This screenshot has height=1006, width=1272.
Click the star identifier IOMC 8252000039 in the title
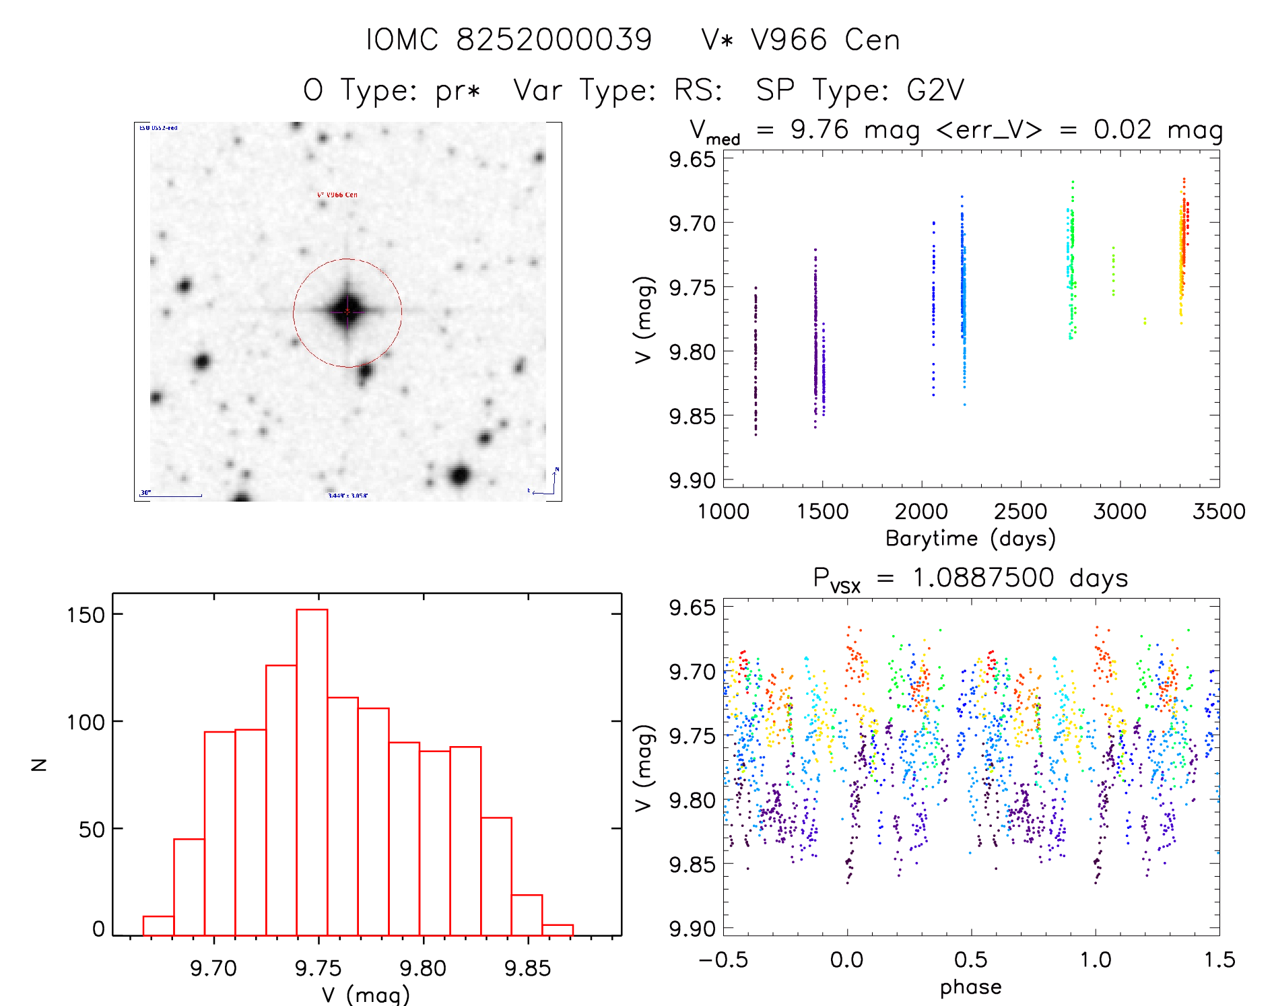(509, 40)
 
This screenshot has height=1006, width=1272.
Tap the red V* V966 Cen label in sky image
(337, 195)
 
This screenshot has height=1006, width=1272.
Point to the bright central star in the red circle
(347, 311)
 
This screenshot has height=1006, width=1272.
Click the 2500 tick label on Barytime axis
(1020, 511)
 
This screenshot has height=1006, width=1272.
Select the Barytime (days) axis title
(970, 539)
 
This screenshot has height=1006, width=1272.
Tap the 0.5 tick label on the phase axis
(970, 960)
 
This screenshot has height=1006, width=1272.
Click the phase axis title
(970, 987)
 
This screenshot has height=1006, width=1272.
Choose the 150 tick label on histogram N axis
(86, 615)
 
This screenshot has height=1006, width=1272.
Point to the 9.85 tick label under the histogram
(527, 968)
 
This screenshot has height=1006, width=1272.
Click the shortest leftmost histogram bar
(158, 926)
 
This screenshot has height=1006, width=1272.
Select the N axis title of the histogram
(40, 764)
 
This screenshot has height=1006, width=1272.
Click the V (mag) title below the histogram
(366, 995)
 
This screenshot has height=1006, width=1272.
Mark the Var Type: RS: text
(617, 90)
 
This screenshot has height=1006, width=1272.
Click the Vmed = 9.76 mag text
(804, 129)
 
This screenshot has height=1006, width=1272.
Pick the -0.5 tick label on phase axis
(723, 960)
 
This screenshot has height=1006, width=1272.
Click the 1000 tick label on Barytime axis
(723, 511)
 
